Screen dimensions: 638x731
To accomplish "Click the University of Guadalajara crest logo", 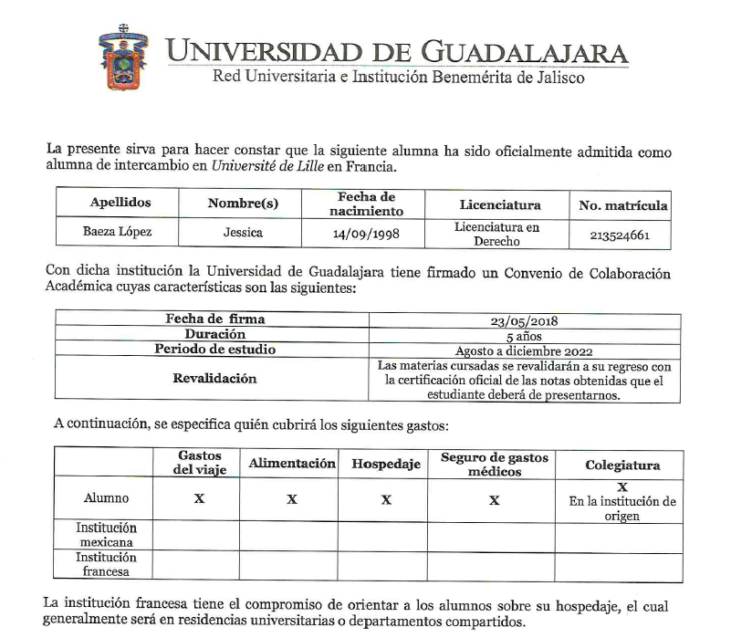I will point(124,58).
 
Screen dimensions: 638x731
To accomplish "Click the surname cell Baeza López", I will point(118,233).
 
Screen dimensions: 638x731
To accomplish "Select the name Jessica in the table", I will point(243,233).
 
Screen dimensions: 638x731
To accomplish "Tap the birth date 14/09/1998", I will point(366,234).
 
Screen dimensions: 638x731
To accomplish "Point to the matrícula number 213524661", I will point(621,235).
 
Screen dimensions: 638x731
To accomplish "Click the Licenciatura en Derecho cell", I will point(497,234).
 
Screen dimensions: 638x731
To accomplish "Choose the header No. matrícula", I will point(623,205).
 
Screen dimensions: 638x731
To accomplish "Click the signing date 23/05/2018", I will point(524,320).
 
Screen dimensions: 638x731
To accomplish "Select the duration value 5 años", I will point(524,335).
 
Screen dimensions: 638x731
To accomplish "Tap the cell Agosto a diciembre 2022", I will point(524,350).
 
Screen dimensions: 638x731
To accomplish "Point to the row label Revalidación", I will point(214,379).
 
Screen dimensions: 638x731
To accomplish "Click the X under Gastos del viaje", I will point(200,499).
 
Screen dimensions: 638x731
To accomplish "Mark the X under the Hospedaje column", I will point(386,499).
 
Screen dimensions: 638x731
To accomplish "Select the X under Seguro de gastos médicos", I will point(494,499).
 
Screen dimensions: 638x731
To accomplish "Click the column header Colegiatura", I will point(622,465).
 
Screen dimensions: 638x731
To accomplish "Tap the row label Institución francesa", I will point(106,564).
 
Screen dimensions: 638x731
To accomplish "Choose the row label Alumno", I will point(106,498).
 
